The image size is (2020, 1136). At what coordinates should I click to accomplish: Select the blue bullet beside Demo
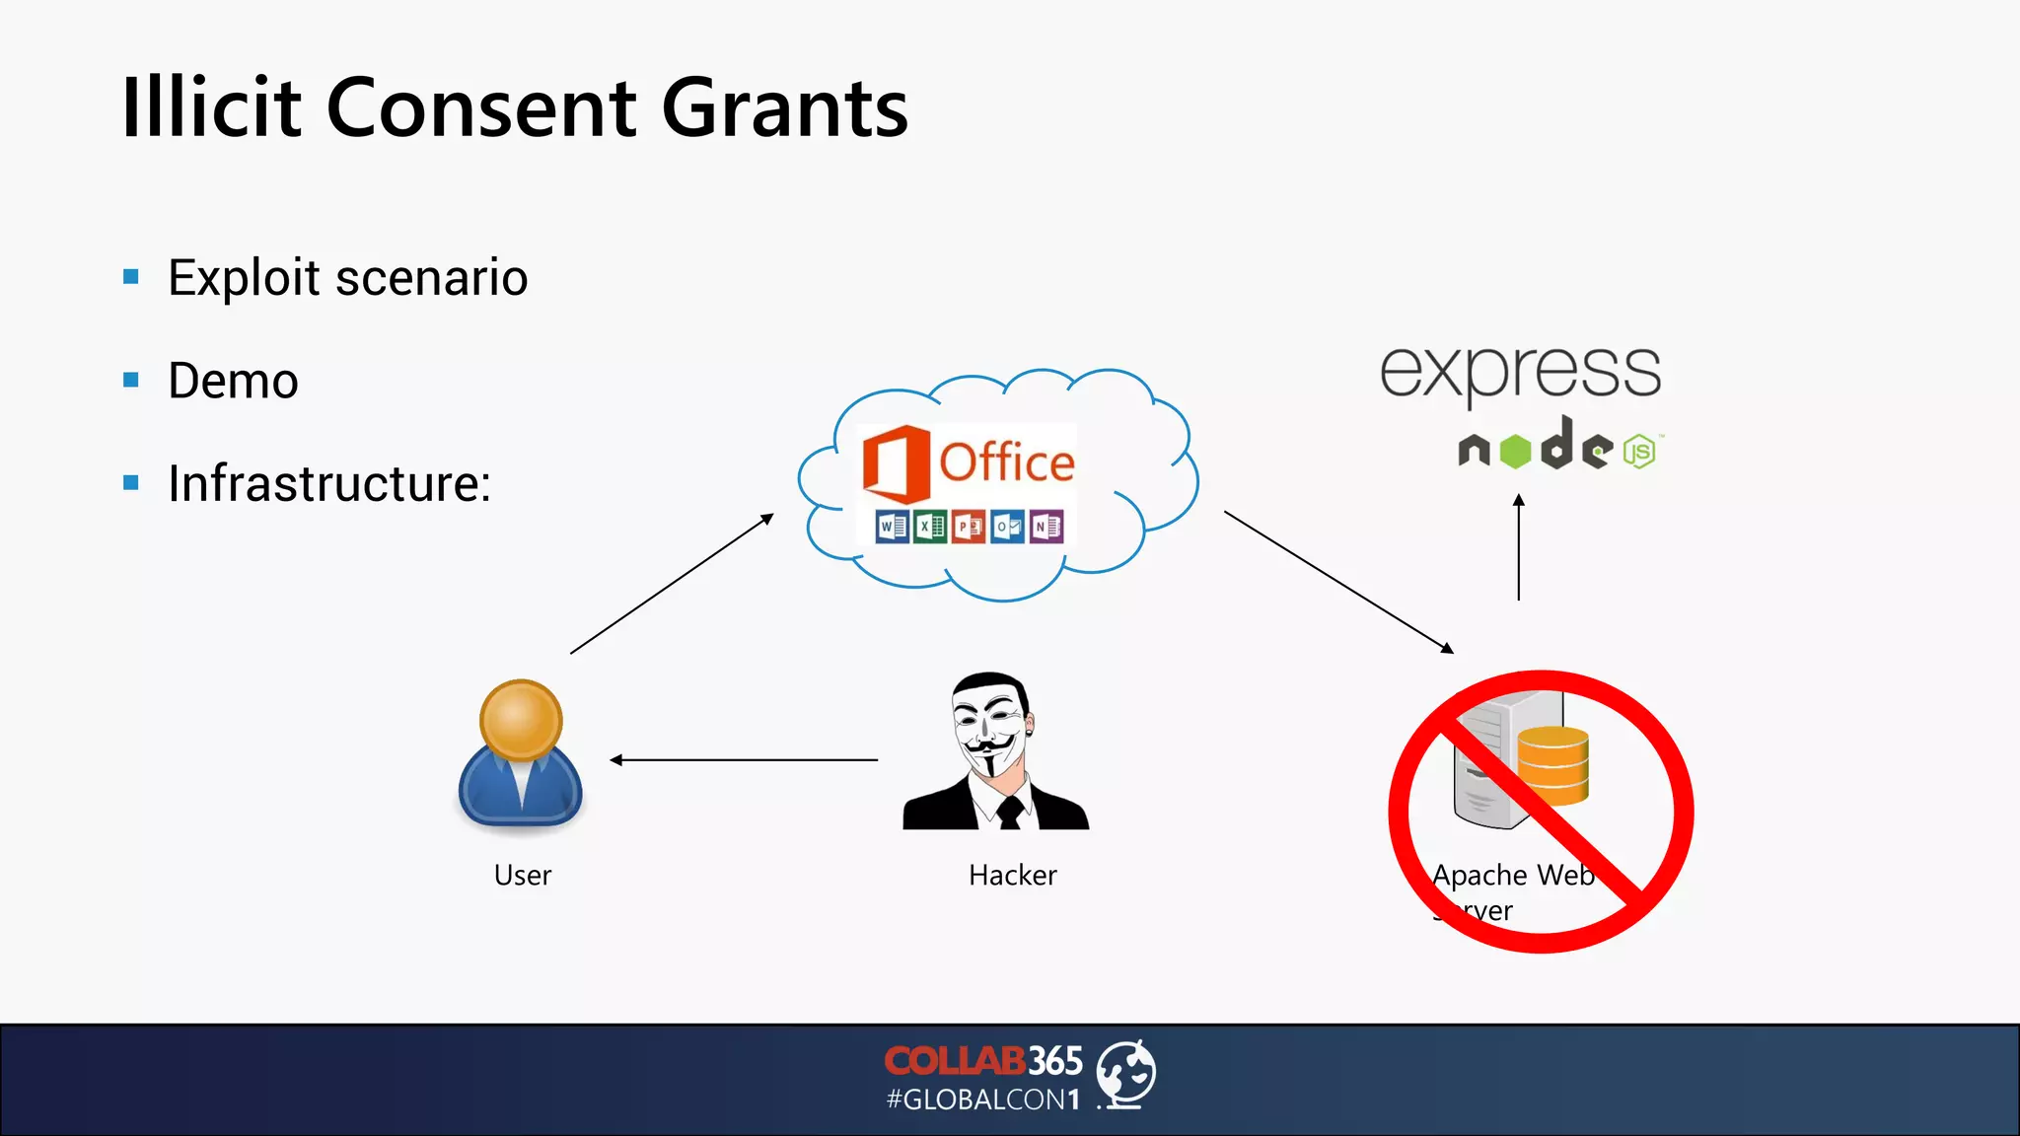[x=131, y=380]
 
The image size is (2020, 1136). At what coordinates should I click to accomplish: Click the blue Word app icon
[x=892, y=527]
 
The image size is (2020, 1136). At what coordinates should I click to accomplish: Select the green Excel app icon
[x=930, y=527]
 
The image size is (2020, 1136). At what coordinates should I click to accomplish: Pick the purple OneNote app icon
[x=1046, y=527]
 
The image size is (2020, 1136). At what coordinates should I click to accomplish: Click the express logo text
[x=1520, y=372]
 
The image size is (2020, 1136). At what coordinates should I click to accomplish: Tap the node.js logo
[x=1558, y=447]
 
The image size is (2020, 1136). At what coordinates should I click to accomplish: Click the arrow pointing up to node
[x=1519, y=547]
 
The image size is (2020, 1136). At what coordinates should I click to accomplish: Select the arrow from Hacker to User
[x=744, y=759]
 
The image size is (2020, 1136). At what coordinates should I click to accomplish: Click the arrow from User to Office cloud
[x=672, y=584]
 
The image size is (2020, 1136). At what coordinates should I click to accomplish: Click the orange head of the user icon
[x=521, y=719]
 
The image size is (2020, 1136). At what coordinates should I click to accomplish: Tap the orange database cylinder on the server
[x=1552, y=764]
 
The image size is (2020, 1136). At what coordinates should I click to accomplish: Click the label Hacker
[x=1012, y=875]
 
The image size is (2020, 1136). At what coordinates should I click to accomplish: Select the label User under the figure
[x=522, y=875]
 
